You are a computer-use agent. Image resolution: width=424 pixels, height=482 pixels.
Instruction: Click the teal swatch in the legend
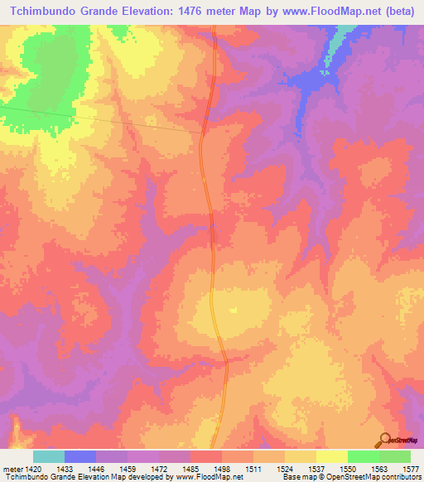point(49,456)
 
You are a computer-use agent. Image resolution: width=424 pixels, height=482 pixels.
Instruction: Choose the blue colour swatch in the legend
point(80,456)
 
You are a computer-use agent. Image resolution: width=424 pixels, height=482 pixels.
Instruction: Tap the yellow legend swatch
point(331,456)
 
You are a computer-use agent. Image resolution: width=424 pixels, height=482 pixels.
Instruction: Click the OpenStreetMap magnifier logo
point(384,441)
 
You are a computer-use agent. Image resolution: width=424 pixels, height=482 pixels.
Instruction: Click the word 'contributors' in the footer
point(398,477)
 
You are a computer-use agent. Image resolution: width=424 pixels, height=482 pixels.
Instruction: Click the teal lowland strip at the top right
point(334,50)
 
